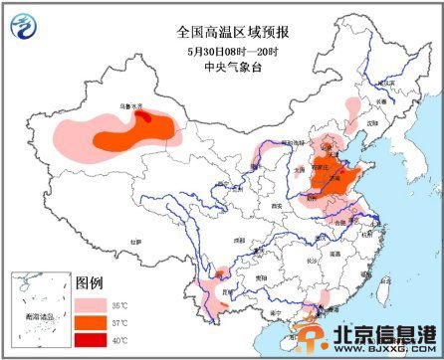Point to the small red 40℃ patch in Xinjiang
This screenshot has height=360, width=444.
(144, 116)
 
